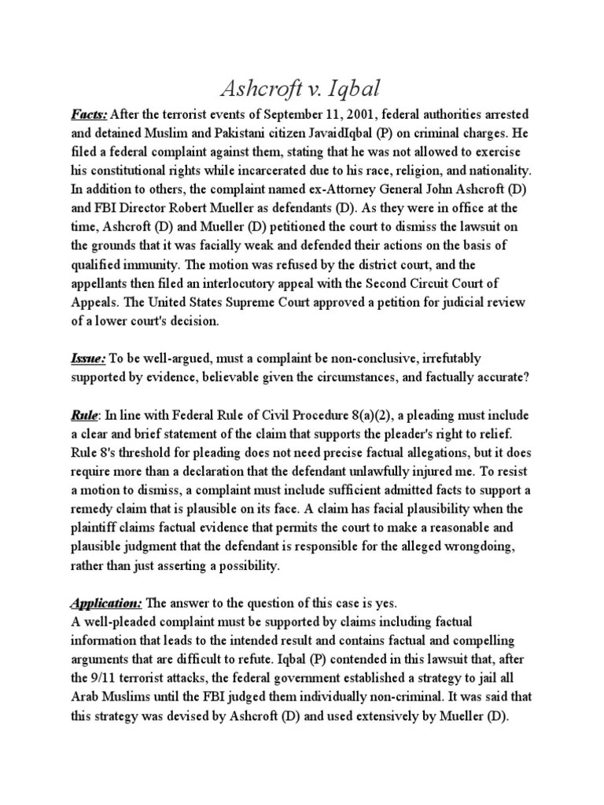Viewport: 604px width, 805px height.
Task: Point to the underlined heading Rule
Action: [82, 415]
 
